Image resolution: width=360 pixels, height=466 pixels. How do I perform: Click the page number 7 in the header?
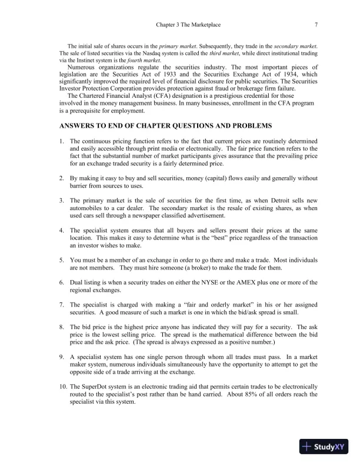tap(316, 25)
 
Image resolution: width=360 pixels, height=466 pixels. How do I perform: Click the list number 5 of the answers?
tap(61, 258)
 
